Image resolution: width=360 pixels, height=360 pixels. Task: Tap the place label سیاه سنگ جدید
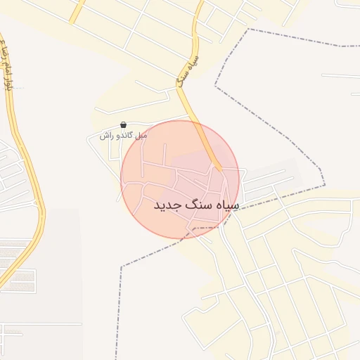[x=196, y=205]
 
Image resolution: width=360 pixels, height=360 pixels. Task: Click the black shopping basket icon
[x=124, y=124]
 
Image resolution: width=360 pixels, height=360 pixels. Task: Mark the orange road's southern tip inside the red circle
[x=219, y=169]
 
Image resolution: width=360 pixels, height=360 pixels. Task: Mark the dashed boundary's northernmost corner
[x=249, y=30]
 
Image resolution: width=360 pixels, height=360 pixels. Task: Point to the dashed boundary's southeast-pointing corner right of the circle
[x=324, y=186]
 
